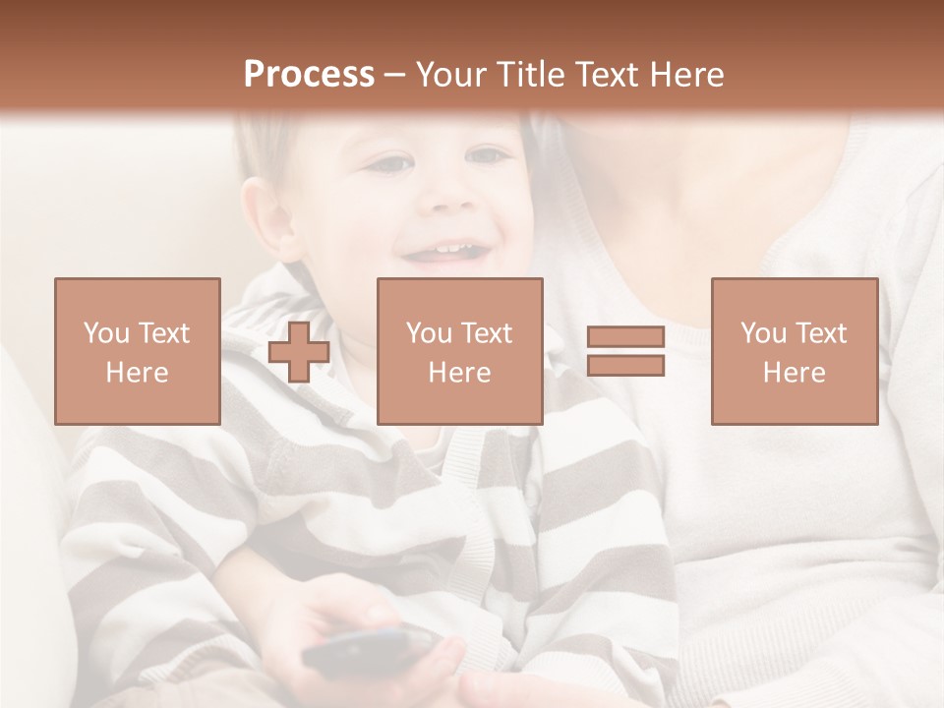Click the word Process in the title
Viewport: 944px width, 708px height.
(309, 75)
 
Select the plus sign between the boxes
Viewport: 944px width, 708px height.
(299, 352)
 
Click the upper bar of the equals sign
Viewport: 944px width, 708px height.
(625, 337)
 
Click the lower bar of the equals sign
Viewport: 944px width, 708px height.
(625, 366)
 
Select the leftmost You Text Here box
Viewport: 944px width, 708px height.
(138, 351)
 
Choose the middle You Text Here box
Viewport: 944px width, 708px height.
(460, 351)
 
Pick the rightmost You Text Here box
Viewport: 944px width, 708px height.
(795, 351)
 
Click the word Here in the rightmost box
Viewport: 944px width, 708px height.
(795, 373)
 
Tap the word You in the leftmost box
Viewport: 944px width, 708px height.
(104, 333)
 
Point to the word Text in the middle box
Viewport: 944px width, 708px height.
(487, 333)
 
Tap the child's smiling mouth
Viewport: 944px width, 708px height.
(447, 253)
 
